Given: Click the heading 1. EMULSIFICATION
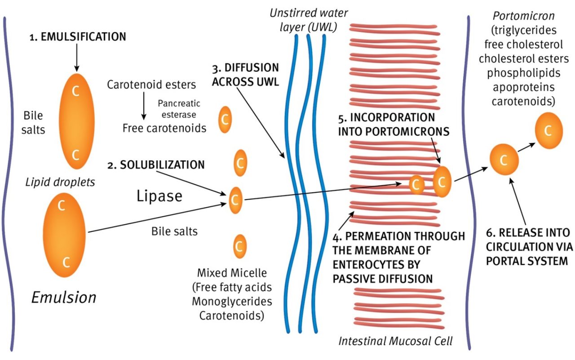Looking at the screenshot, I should [x=78, y=37].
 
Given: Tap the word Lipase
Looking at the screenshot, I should [x=159, y=196].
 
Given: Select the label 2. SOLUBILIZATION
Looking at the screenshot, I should [x=156, y=164].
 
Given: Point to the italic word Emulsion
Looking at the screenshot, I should [x=63, y=297].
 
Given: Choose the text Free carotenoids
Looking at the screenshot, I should [x=164, y=128].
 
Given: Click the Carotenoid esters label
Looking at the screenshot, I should [x=151, y=84].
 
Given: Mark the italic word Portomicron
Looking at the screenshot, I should [x=523, y=16].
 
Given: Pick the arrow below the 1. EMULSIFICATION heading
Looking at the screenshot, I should [x=77, y=58].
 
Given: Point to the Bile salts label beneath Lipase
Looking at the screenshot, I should [x=174, y=232].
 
